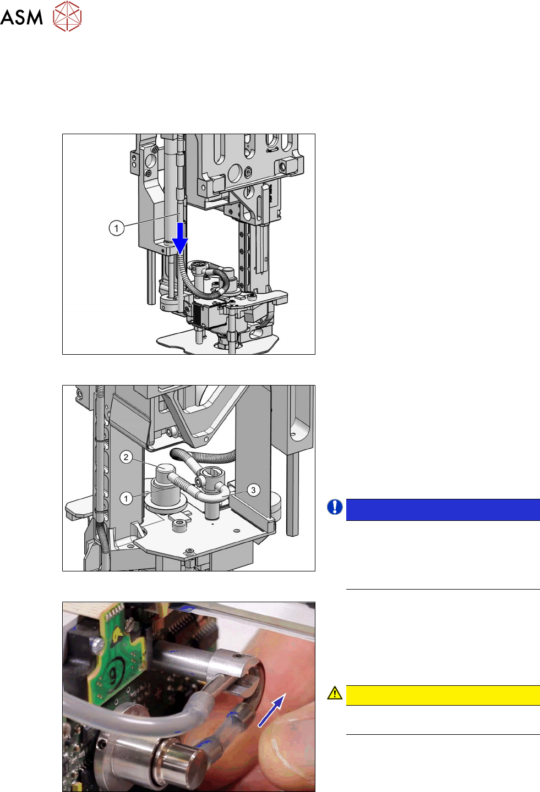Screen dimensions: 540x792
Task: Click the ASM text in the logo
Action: click(21, 17)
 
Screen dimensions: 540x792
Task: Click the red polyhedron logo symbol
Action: click(67, 16)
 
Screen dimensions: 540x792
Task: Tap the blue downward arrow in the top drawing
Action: click(180, 239)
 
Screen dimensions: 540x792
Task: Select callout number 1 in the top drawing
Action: click(117, 228)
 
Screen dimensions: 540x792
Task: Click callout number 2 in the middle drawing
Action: click(127, 457)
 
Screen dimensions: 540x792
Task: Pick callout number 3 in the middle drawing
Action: click(253, 490)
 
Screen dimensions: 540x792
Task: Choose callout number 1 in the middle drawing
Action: click(126, 498)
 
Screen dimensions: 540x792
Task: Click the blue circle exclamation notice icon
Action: click(335, 507)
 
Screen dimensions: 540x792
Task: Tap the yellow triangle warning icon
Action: click(335, 692)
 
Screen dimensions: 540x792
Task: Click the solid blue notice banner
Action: click(443, 509)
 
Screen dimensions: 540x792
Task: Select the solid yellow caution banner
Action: click(443, 695)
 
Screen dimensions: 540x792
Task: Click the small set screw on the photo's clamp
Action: click(236, 656)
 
